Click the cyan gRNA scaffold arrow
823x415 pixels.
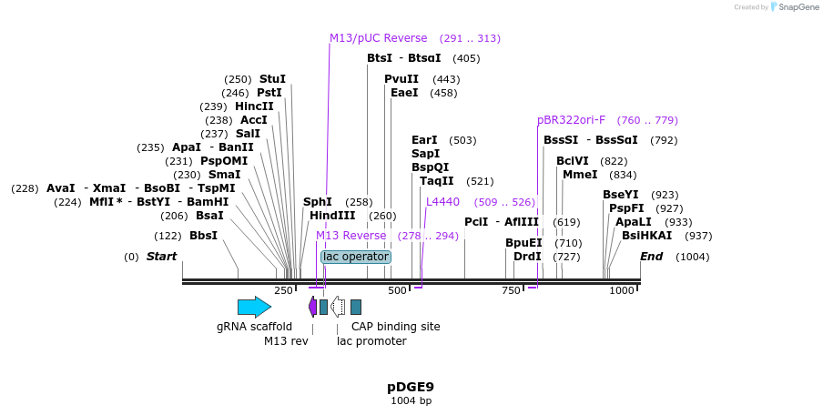pos(254,307)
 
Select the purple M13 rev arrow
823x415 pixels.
pos(313,307)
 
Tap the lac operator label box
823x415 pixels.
pos(356,257)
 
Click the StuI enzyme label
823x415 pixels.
pos(272,79)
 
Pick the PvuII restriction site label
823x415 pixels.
pos(401,79)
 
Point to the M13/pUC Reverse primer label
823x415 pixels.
pos(378,38)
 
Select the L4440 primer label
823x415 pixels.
pos(442,202)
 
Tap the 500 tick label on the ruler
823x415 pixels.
pos(398,290)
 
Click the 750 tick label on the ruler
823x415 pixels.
pos(511,290)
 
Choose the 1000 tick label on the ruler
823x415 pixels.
pos(622,290)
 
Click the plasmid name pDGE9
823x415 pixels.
pos(411,387)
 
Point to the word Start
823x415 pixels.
pos(161,257)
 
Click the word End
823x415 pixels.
pos(652,257)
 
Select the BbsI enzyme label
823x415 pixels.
pos(203,236)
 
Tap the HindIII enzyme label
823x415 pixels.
pos(332,216)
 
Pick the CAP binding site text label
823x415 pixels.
pos(395,327)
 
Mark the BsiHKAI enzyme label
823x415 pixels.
pos(646,236)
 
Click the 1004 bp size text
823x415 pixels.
pos(411,400)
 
